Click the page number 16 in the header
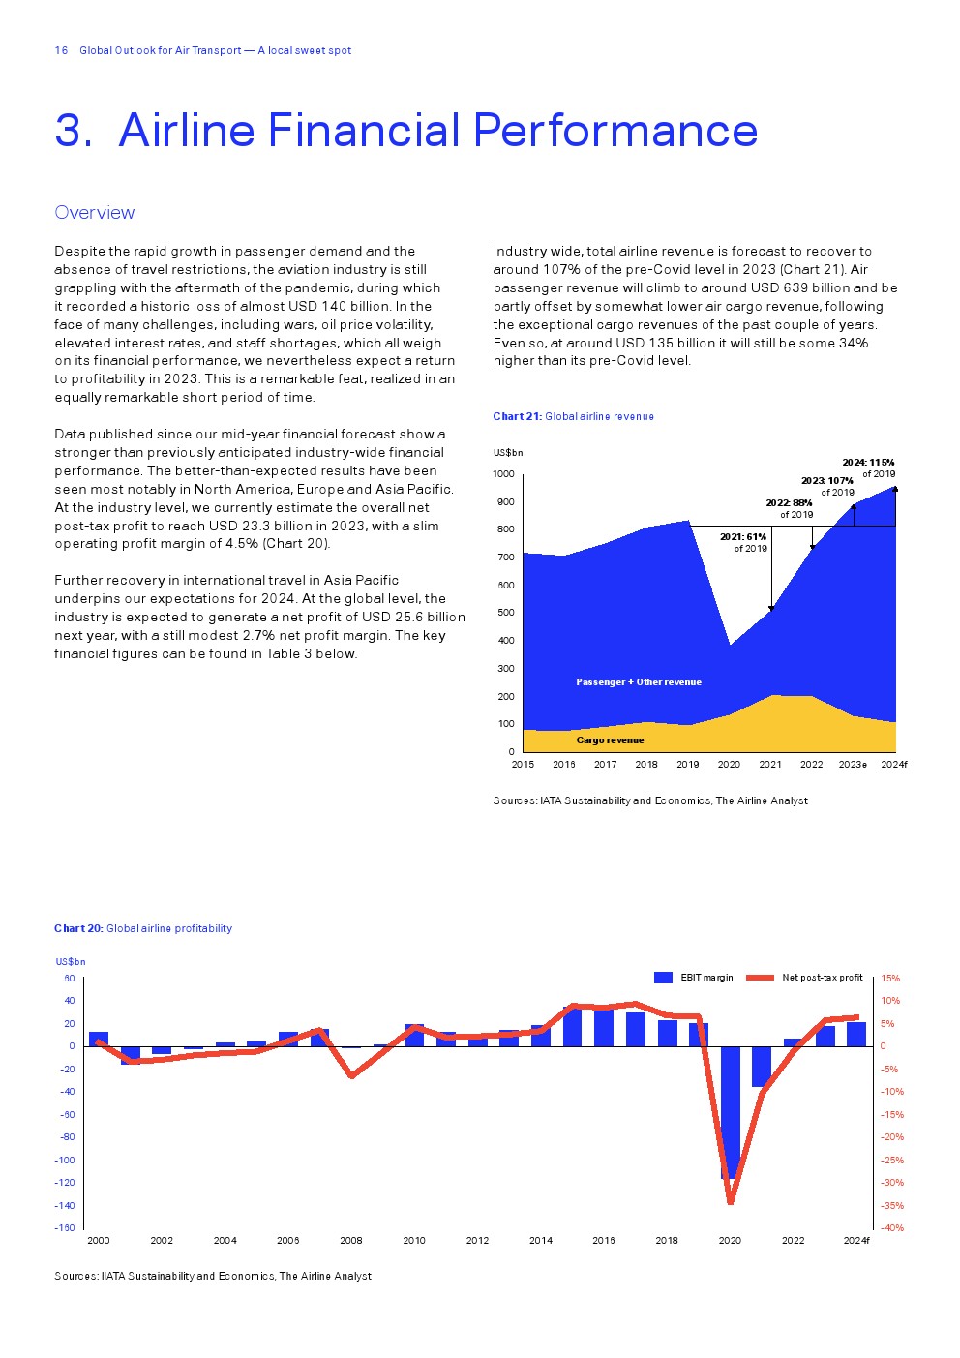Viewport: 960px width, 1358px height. pos(61,50)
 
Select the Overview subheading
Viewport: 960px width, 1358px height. pos(95,213)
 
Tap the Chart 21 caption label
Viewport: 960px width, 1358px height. pos(517,416)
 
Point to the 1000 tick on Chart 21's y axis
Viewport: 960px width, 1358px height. pos(503,474)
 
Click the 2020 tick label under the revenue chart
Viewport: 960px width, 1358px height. pos(729,765)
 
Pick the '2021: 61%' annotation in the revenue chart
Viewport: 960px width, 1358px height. pos(743,537)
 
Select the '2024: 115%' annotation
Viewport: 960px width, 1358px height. pos(868,463)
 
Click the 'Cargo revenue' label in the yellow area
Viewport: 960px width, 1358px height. pos(610,740)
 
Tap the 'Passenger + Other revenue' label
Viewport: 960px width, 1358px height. pos(639,682)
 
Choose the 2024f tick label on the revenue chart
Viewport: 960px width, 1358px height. pos(894,765)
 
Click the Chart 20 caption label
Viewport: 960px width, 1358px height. pos(78,928)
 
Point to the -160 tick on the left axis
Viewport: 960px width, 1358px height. pos(65,1228)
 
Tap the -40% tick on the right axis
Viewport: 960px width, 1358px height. pos(892,1228)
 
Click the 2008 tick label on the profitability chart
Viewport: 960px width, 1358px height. pos(351,1241)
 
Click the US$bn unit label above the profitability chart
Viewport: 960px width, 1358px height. pos(71,962)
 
